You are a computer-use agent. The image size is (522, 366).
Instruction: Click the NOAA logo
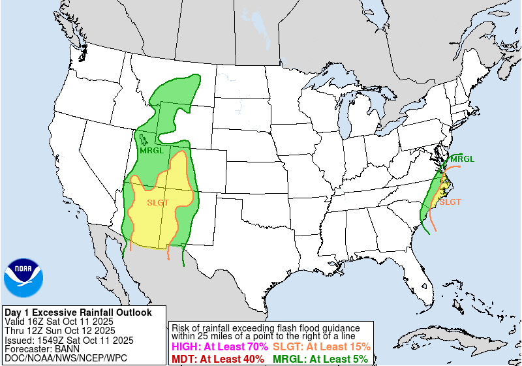(24, 279)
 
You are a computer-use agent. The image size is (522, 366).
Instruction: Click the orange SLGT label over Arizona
(158, 202)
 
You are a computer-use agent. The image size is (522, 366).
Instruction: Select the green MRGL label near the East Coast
(463, 159)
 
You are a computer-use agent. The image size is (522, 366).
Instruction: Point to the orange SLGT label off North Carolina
(450, 202)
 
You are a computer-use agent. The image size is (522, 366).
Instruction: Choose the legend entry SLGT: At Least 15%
(322, 347)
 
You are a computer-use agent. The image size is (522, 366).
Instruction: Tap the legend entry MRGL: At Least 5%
(320, 358)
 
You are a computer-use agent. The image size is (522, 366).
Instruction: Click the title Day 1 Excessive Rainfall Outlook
(78, 313)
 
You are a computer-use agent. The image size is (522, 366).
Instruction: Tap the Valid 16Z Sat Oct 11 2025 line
(59, 322)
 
